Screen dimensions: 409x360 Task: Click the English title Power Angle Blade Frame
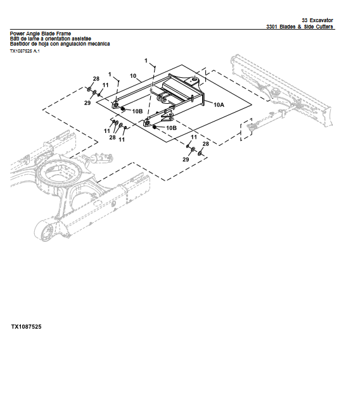pos(40,33)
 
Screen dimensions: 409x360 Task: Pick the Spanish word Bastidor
pos(21,44)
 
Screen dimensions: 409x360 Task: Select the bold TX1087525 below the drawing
pos(26,327)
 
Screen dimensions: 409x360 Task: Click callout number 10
pos(133,76)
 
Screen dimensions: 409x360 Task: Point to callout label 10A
pos(219,104)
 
